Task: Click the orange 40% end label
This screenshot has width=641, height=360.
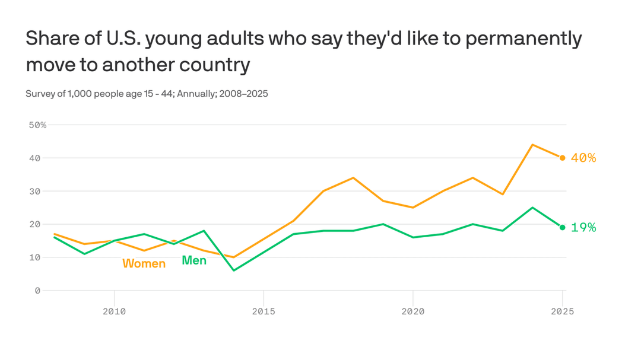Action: tap(583, 158)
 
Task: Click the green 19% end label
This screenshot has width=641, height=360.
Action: tap(583, 227)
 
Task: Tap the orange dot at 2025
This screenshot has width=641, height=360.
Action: tap(562, 158)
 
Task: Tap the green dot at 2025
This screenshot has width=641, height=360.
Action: tap(562, 227)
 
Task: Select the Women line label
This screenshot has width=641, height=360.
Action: tap(144, 263)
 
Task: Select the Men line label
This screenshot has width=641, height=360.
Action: tap(194, 260)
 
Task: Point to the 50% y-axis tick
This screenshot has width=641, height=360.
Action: tap(37, 125)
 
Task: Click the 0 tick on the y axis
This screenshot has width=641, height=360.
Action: tap(37, 290)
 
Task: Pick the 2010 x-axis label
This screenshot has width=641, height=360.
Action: tap(114, 311)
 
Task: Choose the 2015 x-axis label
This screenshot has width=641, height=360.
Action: tap(264, 311)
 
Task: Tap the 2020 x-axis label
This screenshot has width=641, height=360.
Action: tap(412, 311)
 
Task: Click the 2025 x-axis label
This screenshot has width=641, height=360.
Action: tap(561, 311)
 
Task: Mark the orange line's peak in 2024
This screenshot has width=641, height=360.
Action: tap(532, 145)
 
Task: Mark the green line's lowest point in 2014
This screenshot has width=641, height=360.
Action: tap(233, 270)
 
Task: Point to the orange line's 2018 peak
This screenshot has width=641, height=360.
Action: tap(353, 177)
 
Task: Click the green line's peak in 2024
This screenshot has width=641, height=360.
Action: tap(532, 208)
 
